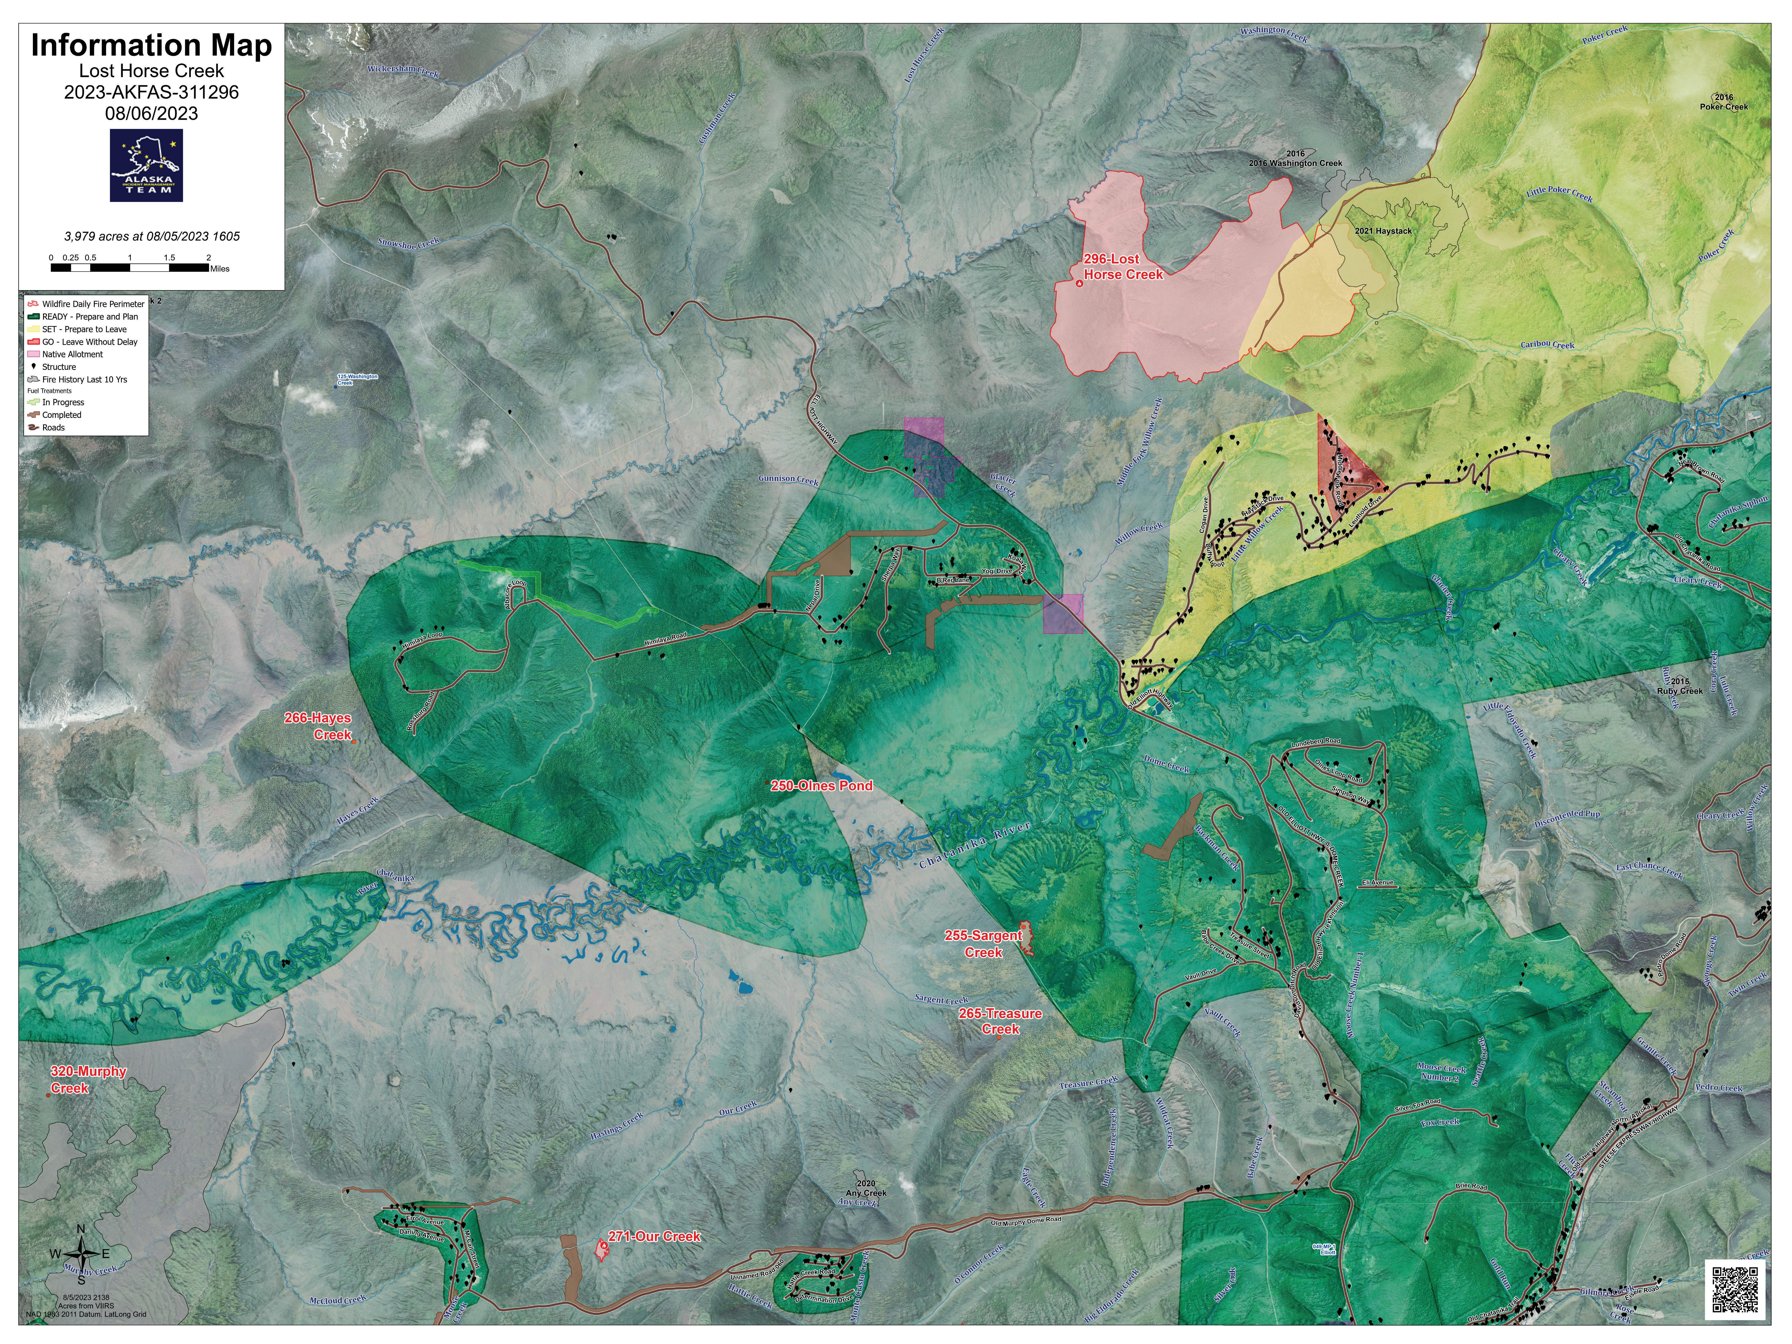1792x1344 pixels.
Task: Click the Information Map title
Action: click(152, 45)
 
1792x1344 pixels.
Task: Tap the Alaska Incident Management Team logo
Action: click(147, 165)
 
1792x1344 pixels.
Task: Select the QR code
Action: click(1735, 1289)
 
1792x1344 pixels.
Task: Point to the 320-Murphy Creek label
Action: click(88, 1079)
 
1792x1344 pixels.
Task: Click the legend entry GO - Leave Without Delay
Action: click(89, 342)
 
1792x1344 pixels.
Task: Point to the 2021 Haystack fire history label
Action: click(1383, 231)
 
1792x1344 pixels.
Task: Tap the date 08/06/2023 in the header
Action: click(152, 113)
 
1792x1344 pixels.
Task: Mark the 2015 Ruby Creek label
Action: click(1680, 686)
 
